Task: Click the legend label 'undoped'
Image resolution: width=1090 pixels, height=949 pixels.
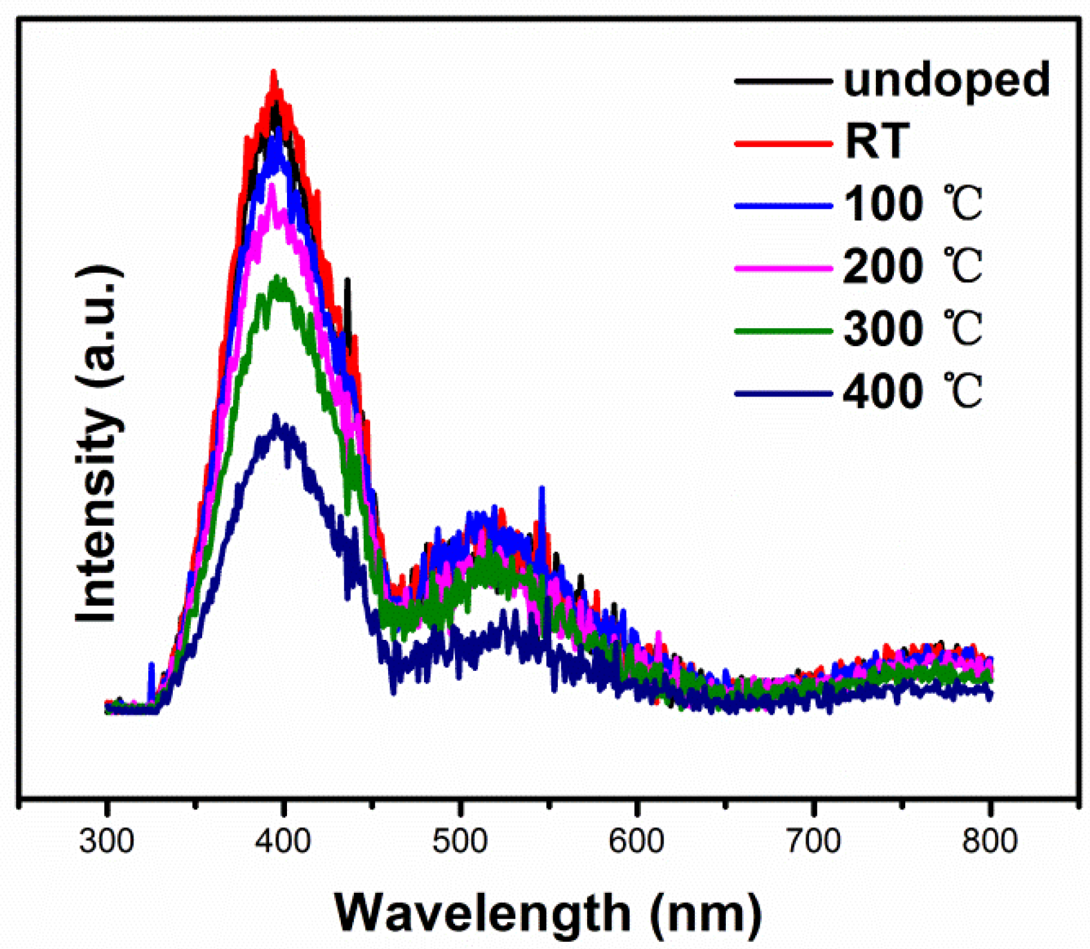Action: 947,81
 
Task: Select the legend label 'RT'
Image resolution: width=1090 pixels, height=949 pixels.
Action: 877,142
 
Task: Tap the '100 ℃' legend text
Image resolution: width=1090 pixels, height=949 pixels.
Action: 912,205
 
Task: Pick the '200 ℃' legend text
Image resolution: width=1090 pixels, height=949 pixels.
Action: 912,267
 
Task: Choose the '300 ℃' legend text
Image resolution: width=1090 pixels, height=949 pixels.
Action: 912,329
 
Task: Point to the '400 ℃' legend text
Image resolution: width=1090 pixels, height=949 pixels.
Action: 912,392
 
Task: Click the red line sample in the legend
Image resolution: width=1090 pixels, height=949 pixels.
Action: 783,144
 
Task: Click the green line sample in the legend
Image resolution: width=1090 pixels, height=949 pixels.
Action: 783,331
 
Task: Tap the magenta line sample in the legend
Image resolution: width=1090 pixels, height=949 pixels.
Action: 783,268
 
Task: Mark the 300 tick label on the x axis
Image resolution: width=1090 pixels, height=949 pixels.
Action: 106,842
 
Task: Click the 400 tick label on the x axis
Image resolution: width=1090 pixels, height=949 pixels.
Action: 283,842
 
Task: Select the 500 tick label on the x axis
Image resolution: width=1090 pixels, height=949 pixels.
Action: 460,842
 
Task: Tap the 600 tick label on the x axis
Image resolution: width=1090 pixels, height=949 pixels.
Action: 636,842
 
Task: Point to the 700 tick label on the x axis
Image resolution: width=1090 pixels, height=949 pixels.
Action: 813,842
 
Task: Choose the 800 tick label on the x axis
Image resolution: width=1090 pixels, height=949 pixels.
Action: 990,842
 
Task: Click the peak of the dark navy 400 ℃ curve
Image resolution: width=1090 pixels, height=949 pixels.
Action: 276,416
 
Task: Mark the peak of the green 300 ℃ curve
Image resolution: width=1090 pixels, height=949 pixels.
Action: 277,277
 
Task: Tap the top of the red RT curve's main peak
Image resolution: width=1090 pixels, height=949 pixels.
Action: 274,72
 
